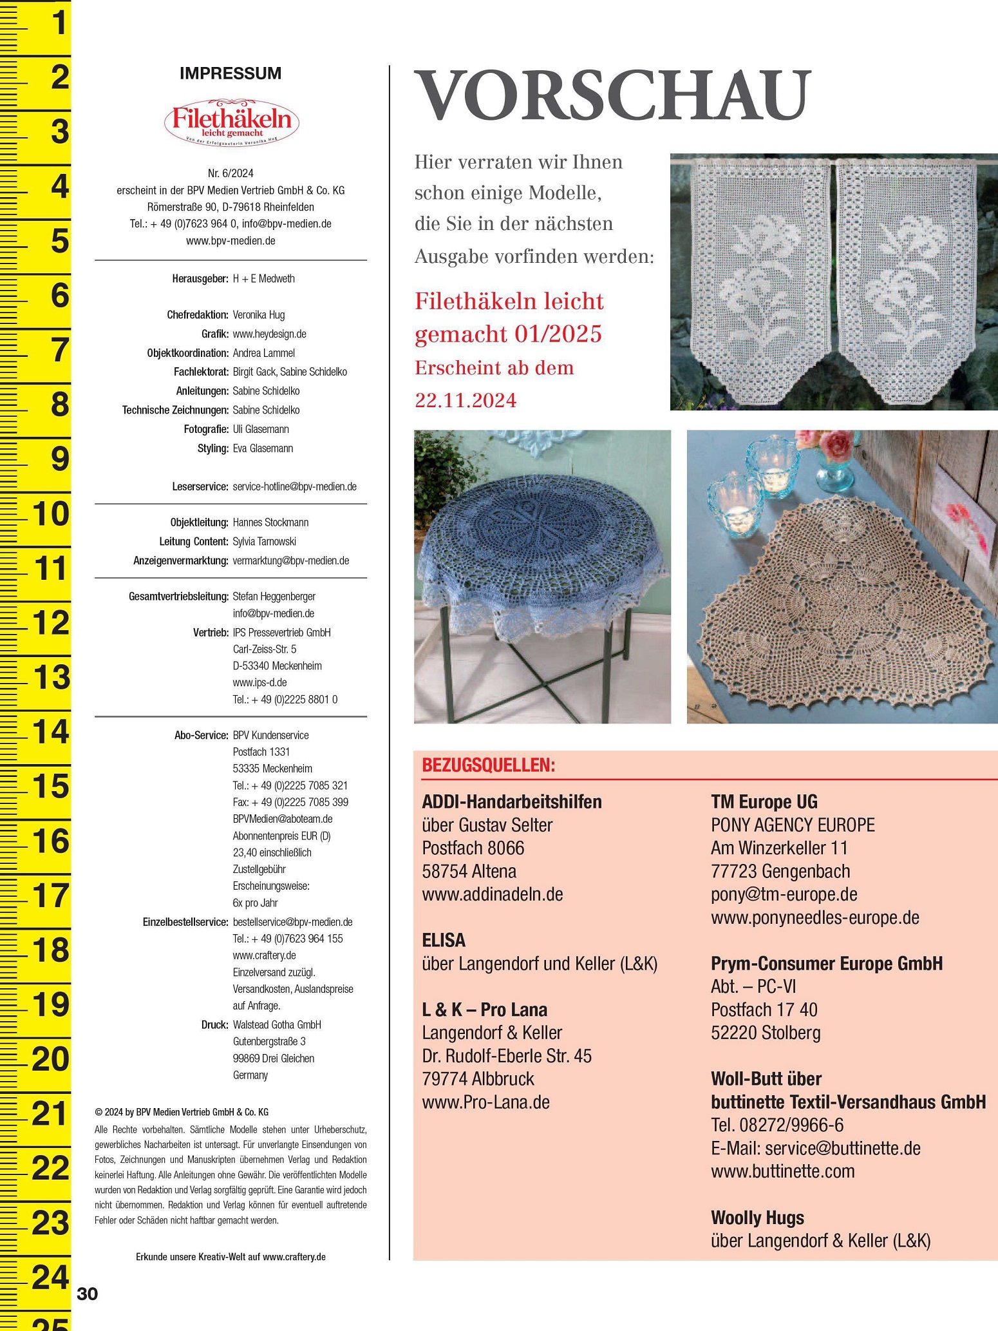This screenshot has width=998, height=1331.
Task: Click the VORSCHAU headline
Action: click(x=612, y=95)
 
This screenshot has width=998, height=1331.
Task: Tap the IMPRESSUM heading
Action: click(x=231, y=73)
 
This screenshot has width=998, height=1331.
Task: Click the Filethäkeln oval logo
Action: click(x=231, y=122)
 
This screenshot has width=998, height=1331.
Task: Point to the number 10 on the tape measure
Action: click(x=50, y=514)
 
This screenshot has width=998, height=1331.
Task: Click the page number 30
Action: click(x=88, y=1293)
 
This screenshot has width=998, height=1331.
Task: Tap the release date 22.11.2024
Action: click(x=466, y=401)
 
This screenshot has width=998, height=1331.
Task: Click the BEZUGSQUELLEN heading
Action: click(x=488, y=765)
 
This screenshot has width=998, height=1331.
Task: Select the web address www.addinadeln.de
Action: click(x=493, y=894)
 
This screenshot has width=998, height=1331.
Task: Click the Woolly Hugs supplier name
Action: click(x=757, y=1218)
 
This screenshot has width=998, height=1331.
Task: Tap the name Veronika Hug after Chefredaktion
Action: click(x=258, y=315)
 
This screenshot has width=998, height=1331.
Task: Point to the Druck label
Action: click(x=214, y=1024)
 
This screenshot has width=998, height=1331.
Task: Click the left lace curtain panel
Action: click(x=751, y=277)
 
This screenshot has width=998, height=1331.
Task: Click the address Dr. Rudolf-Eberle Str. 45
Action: click(x=506, y=1056)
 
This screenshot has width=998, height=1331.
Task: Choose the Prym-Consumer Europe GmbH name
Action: click(x=826, y=963)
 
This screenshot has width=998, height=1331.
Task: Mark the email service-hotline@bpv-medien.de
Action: click(x=294, y=486)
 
